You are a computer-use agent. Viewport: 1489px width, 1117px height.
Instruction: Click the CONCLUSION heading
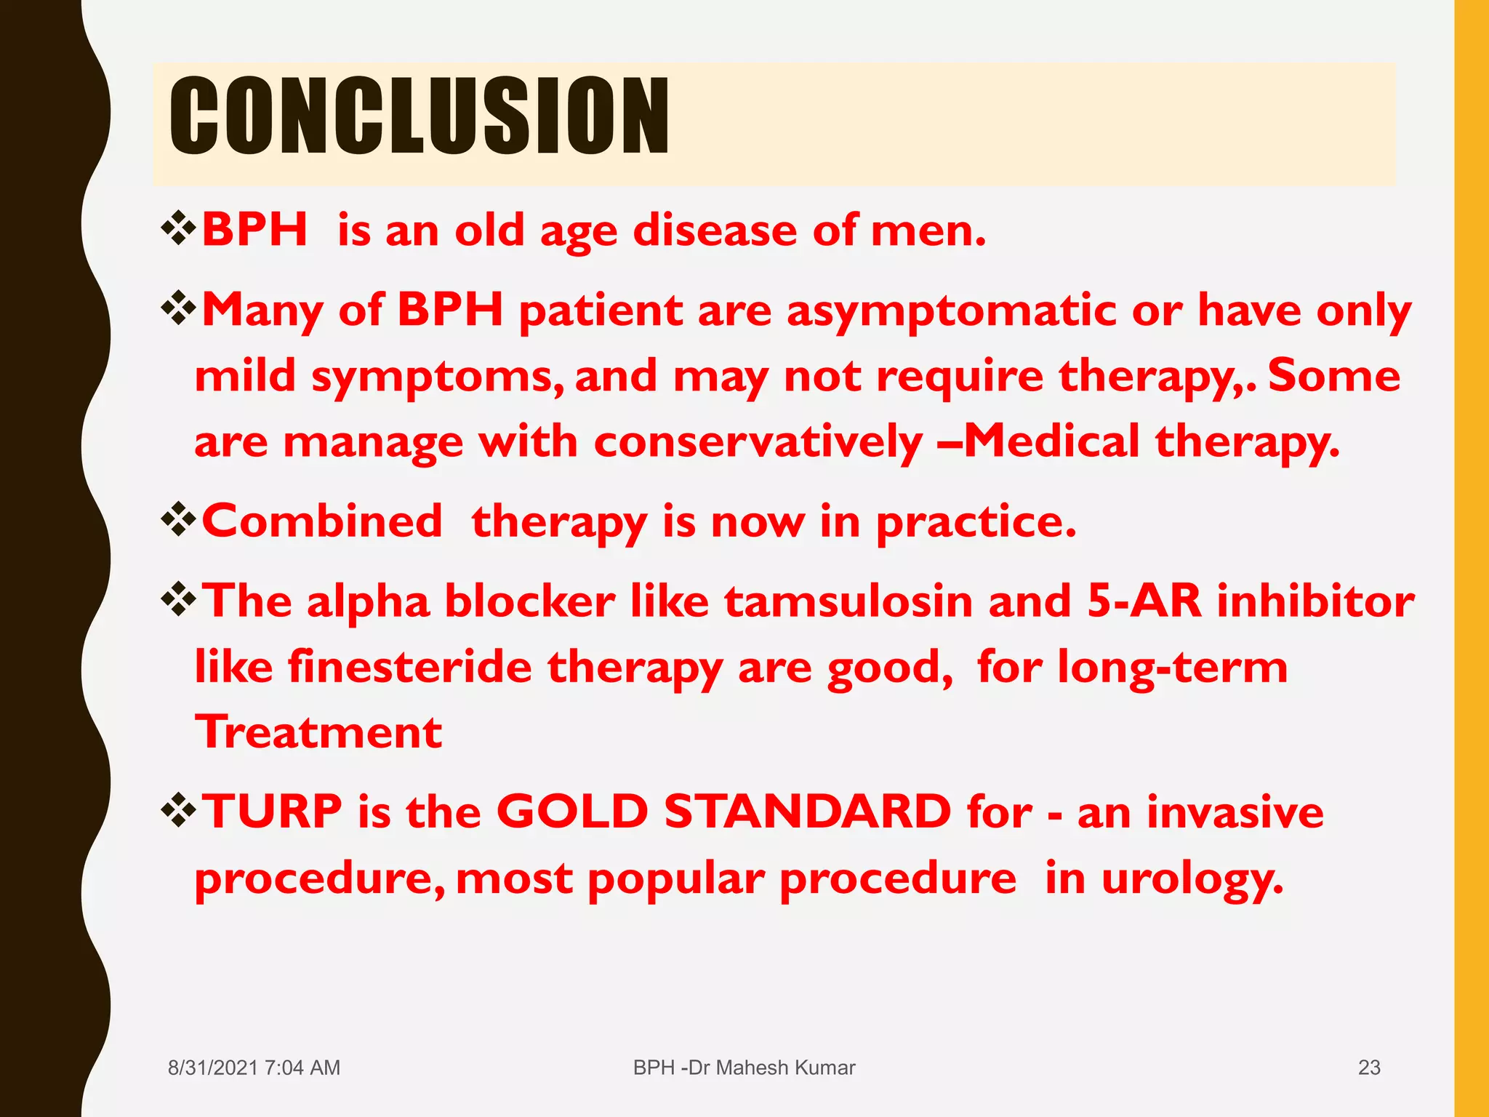[419, 116]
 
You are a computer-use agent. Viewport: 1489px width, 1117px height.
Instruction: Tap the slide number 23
[1369, 1068]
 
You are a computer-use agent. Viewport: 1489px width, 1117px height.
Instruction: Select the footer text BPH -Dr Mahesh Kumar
[744, 1068]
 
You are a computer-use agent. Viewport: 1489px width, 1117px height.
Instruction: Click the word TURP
[272, 812]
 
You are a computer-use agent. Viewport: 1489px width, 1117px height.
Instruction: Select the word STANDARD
[807, 812]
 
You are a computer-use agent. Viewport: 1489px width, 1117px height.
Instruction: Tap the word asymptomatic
[951, 311]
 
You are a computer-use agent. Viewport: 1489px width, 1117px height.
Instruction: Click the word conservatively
[758, 442]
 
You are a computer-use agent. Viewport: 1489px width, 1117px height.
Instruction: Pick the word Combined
[322, 521]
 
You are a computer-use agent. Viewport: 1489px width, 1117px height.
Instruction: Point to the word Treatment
[318, 732]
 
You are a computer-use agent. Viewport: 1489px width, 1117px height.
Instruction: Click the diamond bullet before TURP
[179, 812]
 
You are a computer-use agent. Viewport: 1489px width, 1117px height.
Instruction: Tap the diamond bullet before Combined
[179, 521]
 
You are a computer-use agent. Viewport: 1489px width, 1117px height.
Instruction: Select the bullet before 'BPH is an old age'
[179, 230]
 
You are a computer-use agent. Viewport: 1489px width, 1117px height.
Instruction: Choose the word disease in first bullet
[715, 231]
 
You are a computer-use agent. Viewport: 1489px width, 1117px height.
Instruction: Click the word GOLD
[572, 812]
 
